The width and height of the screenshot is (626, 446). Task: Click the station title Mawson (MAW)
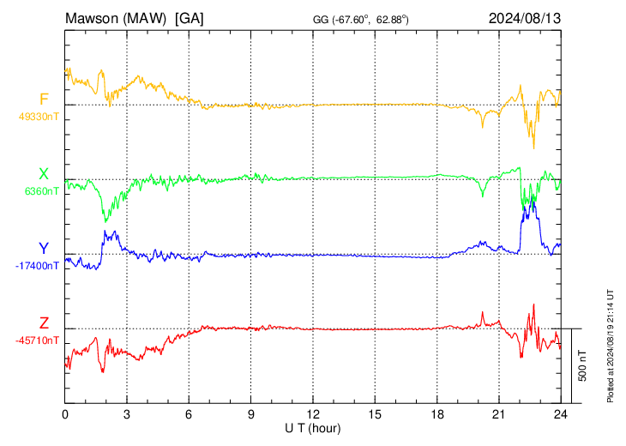(x=116, y=19)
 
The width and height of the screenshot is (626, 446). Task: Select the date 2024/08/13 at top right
(x=525, y=18)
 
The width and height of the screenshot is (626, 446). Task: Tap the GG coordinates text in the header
(x=360, y=19)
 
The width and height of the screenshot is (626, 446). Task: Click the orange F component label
(x=44, y=99)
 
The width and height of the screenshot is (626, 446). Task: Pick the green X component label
(x=44, y=174)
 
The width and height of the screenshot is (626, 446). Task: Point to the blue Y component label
(x=44, y=249)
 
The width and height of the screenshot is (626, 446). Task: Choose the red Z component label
(x=44, y=322)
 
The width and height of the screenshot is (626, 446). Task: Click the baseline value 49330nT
(x=39, y=117)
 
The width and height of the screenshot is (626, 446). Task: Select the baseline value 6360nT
(x=41, y=191)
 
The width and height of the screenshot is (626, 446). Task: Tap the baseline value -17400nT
(x=37, y=266)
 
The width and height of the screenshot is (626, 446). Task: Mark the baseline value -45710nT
(x=37, y=341)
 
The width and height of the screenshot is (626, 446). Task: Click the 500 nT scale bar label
(x=582, y=365)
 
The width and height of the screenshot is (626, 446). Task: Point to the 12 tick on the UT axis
(x=313, y=414)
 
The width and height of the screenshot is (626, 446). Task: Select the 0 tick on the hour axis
(x=65, y=414)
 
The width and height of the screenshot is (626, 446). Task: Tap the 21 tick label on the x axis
(x=499, y=414)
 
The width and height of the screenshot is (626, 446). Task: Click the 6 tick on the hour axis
(x=189, y=414)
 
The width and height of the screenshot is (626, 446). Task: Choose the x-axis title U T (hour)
(x=313, y=429)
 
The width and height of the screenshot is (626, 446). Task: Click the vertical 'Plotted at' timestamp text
(x=611, y=346)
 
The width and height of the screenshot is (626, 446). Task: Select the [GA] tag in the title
(x=190, y=19)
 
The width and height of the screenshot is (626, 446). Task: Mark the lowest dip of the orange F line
(x=533, y=148)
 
